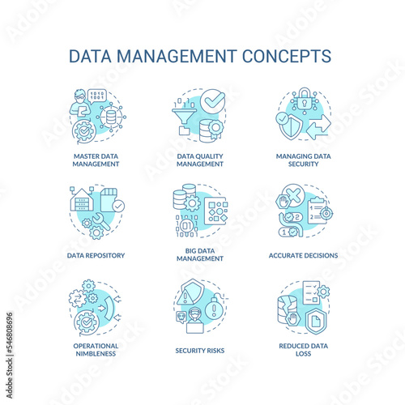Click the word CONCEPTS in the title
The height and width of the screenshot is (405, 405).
tap(287, 56)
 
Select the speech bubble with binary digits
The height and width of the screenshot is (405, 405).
tap(97, 96)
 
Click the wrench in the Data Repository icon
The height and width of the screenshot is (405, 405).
tap(100, 221)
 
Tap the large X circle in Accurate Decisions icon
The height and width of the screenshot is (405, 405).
tap(294, 195)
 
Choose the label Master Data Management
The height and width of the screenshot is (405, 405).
tap(96, 160)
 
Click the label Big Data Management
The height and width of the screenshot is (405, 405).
tap(200, 254)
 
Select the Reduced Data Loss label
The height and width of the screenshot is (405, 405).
tap(304, 350)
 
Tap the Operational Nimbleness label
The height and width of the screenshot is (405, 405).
tap(96, 350)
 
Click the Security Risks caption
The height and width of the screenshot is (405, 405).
tap(200, 351)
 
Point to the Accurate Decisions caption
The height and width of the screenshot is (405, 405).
tap(303, 255)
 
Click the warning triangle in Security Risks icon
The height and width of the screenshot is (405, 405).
tap(185, 296)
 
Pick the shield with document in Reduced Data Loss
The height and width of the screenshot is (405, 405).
tap(316, 321)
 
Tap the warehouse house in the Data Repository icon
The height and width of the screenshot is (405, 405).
tap(82, 200)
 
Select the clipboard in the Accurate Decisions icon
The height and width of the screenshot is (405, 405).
tap(318, 211)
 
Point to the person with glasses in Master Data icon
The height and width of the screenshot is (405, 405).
tap(79, 103)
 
